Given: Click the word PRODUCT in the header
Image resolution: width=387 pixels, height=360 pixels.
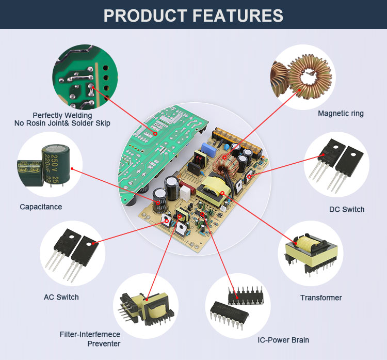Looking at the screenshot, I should (146, 15).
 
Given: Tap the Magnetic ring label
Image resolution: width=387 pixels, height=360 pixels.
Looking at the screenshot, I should (341, 114).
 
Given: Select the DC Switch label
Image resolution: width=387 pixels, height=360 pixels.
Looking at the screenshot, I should (347, 209).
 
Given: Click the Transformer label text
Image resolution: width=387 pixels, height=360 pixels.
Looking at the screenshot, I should (321, 298).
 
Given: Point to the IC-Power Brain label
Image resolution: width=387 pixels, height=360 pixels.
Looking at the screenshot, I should (283, 340).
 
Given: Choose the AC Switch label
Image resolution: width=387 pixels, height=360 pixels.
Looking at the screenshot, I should (61, 297).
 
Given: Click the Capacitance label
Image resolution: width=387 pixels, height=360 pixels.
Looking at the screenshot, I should (41, 207).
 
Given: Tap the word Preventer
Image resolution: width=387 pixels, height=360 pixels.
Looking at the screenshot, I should (104, 343).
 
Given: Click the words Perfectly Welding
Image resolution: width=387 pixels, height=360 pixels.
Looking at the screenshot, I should (62, 115).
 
